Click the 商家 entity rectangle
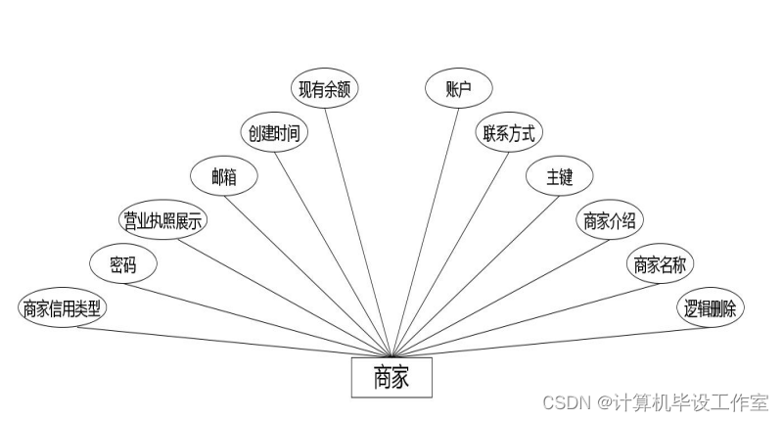(391, 378)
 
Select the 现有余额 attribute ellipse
(328, 89)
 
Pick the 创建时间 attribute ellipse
(275, 133)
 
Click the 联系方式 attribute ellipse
(509, 133)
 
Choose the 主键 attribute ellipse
(558, 177)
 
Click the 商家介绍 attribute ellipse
(609, 221)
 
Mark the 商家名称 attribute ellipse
(659, 264)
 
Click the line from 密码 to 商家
(264, 315)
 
